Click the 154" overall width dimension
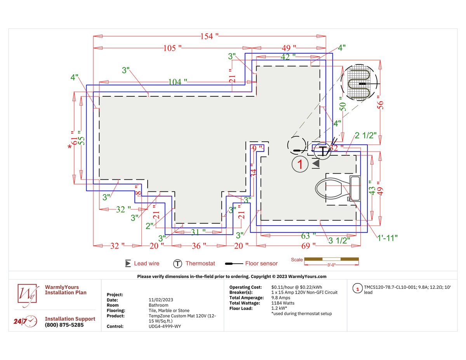[x=209, y=36]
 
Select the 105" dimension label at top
[x=172, y=48]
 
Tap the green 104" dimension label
[x=177, y=82]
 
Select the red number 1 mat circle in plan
[x=300, y=164]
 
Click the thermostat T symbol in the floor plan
[x=322, y=150]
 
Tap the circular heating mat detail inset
[x=359, y=83]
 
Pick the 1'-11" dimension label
[x=387, y=238]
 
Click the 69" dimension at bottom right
[x=307, y=246]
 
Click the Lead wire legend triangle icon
[x=128, y=264]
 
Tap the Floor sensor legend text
[x=261, y=264]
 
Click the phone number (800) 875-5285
[x=64, y=325]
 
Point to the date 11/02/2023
[x=161, y=300]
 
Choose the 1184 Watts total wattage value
[x=283, y=303]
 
